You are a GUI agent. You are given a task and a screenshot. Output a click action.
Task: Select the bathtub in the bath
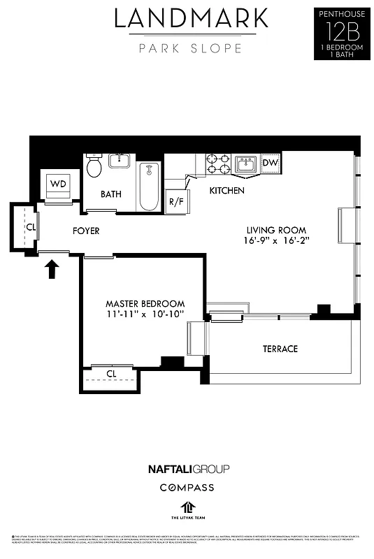150,186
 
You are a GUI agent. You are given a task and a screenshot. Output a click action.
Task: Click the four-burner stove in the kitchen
218,164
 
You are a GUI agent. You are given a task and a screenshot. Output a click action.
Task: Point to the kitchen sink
245,164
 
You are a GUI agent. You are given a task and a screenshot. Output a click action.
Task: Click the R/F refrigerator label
175,202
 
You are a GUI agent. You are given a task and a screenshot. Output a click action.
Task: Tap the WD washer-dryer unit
59,184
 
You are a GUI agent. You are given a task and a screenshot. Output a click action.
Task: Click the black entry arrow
52,269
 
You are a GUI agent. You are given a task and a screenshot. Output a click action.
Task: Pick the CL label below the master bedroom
111,374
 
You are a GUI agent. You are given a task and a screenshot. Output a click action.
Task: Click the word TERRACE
280,349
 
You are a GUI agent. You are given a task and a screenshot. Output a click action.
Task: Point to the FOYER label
86,231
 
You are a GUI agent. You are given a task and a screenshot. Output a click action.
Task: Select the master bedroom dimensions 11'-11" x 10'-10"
145,314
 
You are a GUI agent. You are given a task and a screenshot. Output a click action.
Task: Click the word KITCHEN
227,190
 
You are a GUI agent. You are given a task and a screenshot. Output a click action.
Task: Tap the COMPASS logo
187,487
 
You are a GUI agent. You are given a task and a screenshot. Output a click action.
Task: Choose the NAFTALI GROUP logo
188,468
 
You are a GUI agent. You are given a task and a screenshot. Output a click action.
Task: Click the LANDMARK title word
191,19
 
